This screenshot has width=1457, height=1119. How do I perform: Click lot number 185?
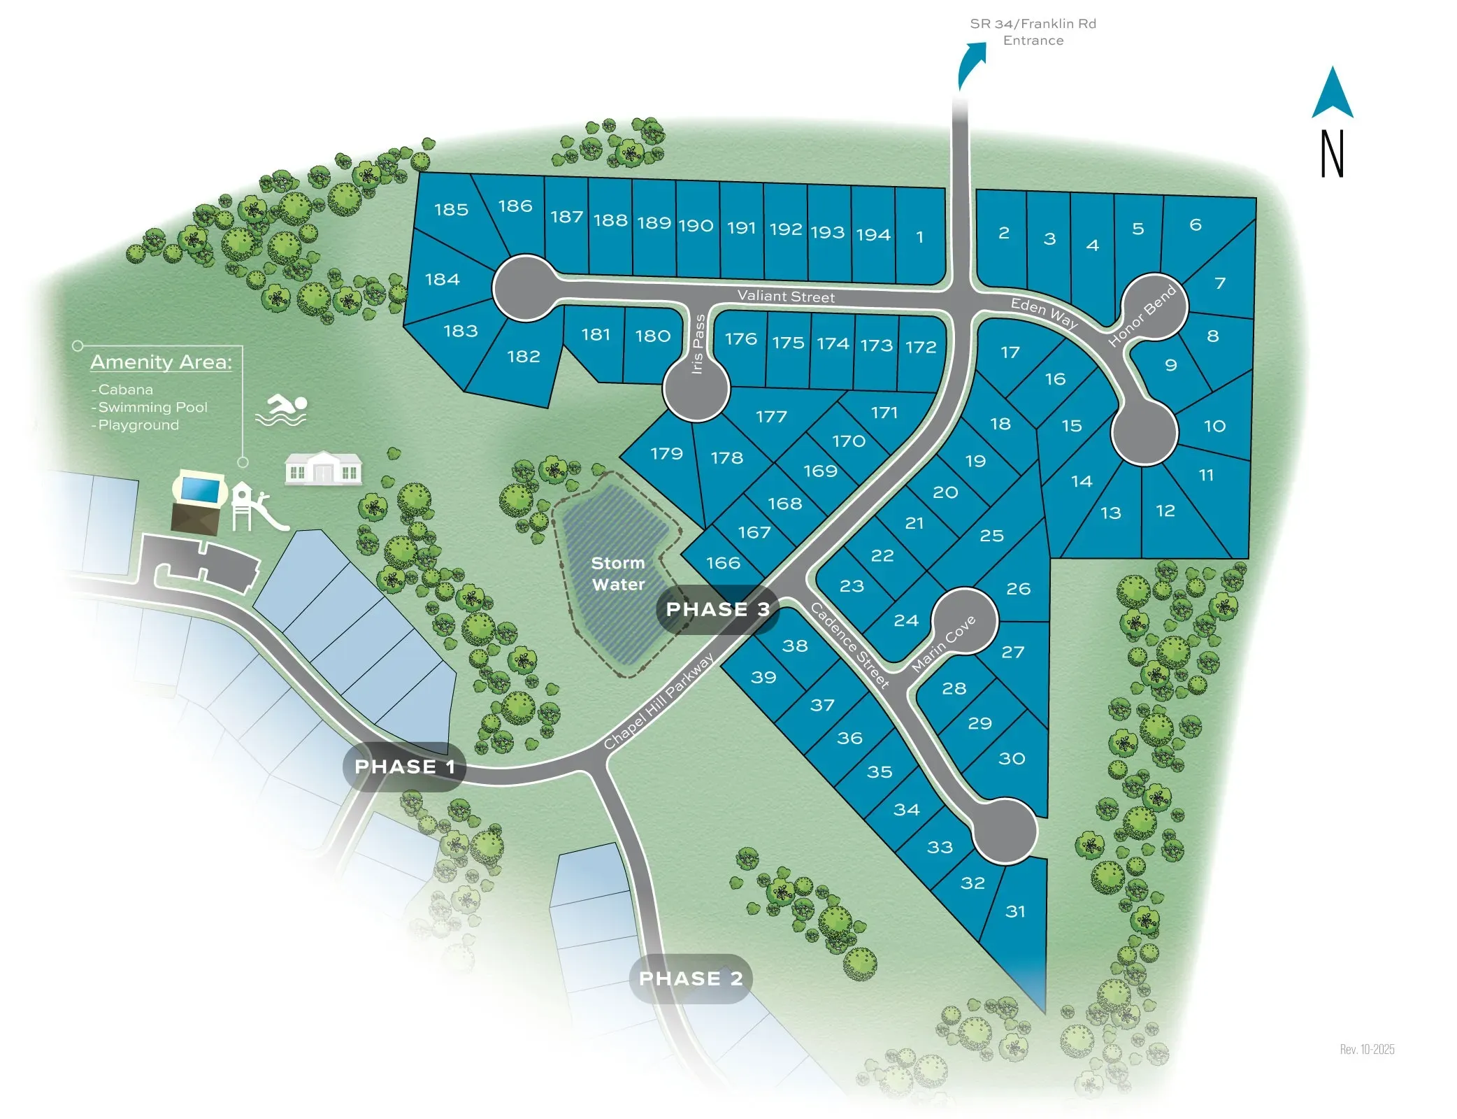click(x=451, y=209)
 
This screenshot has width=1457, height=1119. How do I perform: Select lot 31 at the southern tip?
click(x=1015, y=911)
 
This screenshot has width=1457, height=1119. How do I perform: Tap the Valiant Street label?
click(x=786, y=297)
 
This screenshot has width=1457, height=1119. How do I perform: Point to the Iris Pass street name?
click(x=697, y=344)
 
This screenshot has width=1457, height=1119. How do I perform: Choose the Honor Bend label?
click(x=1142, y=316)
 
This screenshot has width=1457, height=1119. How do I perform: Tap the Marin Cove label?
click(x=943, y=644)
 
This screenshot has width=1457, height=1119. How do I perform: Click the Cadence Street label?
click(x=849, y=646)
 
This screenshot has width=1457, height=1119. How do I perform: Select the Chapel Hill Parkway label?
click(x=659, y=701)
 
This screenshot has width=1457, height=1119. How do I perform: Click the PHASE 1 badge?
click(x=404, y=767)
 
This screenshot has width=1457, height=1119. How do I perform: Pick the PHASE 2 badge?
click(x=691, y=978)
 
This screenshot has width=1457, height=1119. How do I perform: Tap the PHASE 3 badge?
click(x=717, y=609)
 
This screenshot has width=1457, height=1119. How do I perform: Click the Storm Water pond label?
click(x=618, y=573)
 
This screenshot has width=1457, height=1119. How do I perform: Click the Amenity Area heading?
click(x=161, y=362)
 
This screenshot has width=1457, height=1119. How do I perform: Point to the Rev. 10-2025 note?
click(x=1367, y=1049)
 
